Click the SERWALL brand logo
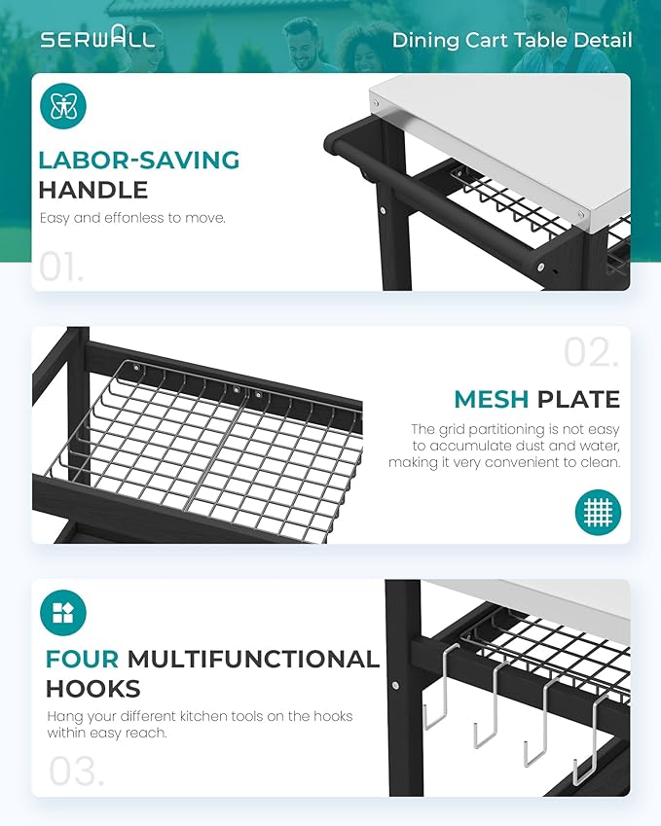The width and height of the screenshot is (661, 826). point(97,37)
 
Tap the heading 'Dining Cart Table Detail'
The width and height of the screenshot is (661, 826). point(512,40)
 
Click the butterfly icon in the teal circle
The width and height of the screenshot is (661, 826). point(63,106)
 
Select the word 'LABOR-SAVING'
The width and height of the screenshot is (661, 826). point(139,161)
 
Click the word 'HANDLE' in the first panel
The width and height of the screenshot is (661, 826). point(93,190)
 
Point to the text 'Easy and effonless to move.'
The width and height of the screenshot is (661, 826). point(132,218)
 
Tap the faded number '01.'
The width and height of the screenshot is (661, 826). point(61,268)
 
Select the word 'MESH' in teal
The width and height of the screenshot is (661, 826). point(492,399)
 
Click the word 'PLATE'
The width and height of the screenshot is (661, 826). point(578,399)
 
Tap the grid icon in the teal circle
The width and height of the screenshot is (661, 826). point(598,513)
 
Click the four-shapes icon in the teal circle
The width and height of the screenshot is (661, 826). point(63,613)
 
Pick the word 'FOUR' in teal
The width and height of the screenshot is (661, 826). point(82,659)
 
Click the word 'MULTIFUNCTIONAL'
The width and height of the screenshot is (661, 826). point(253,659)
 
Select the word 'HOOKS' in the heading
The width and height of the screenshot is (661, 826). point(93,689)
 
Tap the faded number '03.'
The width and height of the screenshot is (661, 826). point(77,772)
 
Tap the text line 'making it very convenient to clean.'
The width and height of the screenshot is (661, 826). point(504,462)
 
